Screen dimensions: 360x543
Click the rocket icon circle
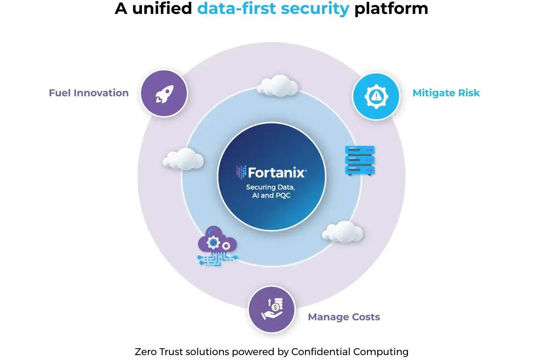tap(164, 93)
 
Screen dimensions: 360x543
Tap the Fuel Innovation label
tap(89, 93)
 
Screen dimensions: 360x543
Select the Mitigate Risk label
tap(446, 93)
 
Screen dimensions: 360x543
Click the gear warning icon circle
tap(376, 96)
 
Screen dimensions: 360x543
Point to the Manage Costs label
tap(344, 317)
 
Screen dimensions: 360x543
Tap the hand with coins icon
tap(272, 309)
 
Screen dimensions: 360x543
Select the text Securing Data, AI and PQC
tap(270, 191)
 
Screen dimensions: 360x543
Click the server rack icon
tap(360, 160)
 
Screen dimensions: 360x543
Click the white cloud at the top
tap(278, 85)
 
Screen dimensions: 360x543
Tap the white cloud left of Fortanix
tap(183, 158)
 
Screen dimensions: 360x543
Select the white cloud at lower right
tap(343, 232)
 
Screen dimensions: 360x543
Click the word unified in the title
tap(162, 9)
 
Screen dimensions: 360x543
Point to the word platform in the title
tap(391, 9)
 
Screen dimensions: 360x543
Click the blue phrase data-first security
tap(273, 9)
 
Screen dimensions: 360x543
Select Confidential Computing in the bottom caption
tap(349, 352)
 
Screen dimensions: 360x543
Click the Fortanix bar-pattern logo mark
tap(241, 172)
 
